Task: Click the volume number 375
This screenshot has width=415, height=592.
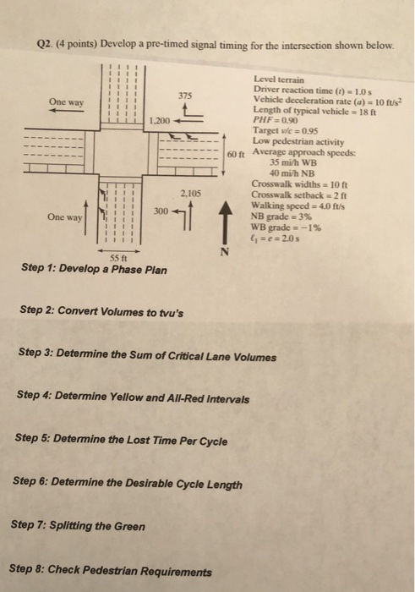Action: click(x=185, y=96)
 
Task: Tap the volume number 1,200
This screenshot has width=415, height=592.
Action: click(x=160, y=121)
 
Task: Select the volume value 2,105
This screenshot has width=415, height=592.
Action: click(x=190, y=194)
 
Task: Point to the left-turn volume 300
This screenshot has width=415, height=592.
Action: click(x=161, y=211)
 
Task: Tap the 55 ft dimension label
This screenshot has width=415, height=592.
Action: click(x=118, y=258)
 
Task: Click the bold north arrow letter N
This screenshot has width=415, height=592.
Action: click(x=225, y=251)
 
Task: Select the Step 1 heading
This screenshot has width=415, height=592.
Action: click(x=94, y=269)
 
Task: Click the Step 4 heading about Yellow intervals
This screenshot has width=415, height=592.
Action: click(x=133, y=397)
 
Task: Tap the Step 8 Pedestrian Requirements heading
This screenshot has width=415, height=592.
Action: click(x=110, y=570)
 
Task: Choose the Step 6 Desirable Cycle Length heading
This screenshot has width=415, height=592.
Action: click(x=128, y=483)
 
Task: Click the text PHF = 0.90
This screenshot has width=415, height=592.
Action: click(x=276, y=120)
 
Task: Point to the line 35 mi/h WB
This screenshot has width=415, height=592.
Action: click(x=293, y=162)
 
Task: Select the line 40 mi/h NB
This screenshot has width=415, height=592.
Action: click(x=292, y=173)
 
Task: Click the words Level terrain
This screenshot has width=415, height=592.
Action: click(x=279, y=79)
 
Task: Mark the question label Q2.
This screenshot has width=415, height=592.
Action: click(x=45, y=45)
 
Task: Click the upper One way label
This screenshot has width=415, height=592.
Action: click(x=67, y=102)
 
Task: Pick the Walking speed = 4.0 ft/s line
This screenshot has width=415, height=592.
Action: click(x=298, y=206)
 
